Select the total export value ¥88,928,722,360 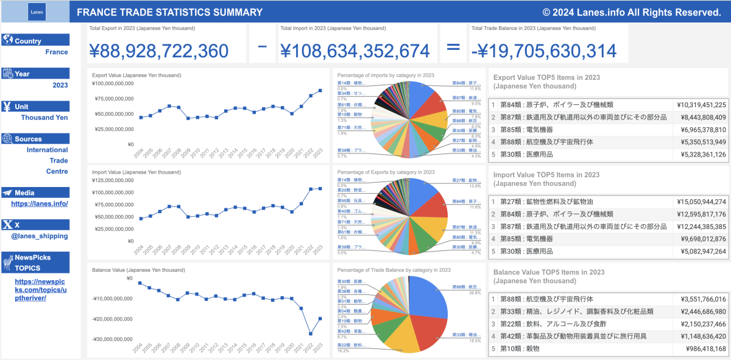159,51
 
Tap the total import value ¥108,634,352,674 355,51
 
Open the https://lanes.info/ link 40,203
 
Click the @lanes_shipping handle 43,236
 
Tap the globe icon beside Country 8,40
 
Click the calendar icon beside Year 8,74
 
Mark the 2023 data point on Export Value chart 320,90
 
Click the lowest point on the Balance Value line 311,333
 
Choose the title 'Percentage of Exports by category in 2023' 386,172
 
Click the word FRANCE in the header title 97,12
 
